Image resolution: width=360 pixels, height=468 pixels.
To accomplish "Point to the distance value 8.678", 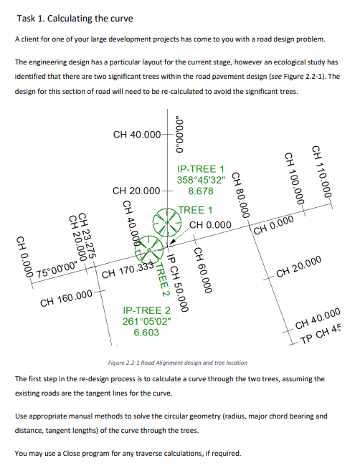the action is [199, 191].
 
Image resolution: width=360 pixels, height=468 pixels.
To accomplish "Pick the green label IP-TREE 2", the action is [147, 310].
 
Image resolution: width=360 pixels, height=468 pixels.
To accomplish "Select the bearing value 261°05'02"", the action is [147, 322].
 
